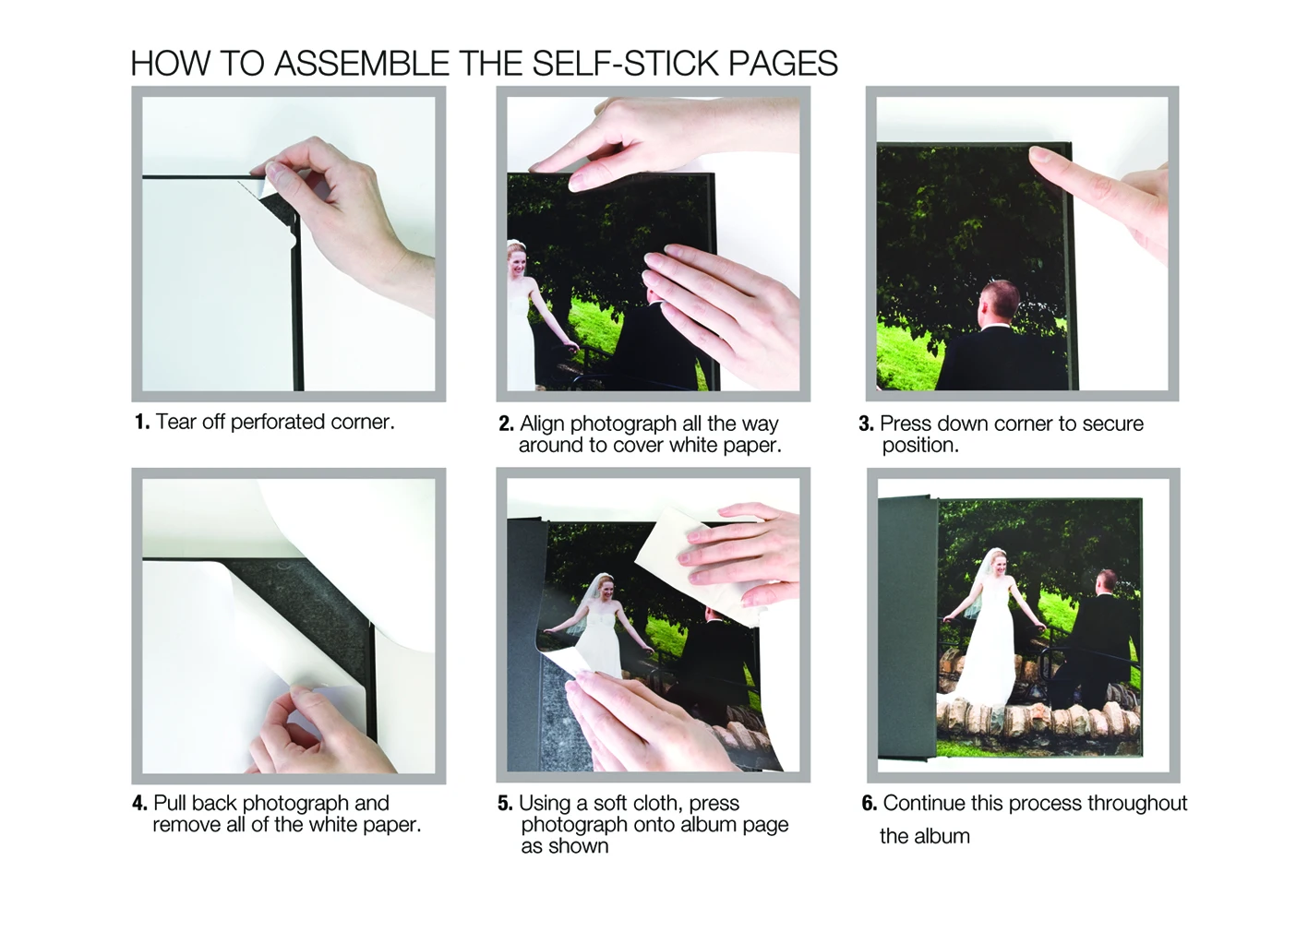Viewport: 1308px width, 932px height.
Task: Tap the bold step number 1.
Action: (142, 422)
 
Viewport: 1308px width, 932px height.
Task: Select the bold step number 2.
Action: (506, 424)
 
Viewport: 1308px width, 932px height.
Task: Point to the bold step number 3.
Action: (866, 424)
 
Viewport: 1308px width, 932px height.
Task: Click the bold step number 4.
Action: (139, 803)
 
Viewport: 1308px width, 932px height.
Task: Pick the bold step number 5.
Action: (505, 804)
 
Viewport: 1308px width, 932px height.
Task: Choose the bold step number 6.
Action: (870, 804)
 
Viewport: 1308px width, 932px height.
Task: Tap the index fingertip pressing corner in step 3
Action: (1040, 156)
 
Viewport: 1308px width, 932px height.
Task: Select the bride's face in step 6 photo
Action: (998, 564)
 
